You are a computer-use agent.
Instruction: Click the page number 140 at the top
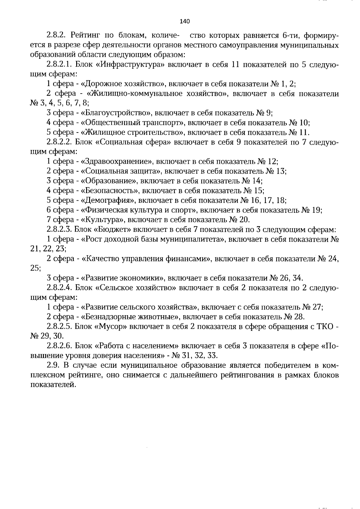184,21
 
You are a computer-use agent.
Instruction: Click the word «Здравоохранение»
118,161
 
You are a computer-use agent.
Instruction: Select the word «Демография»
109,200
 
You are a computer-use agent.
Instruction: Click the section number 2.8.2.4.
59,288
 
